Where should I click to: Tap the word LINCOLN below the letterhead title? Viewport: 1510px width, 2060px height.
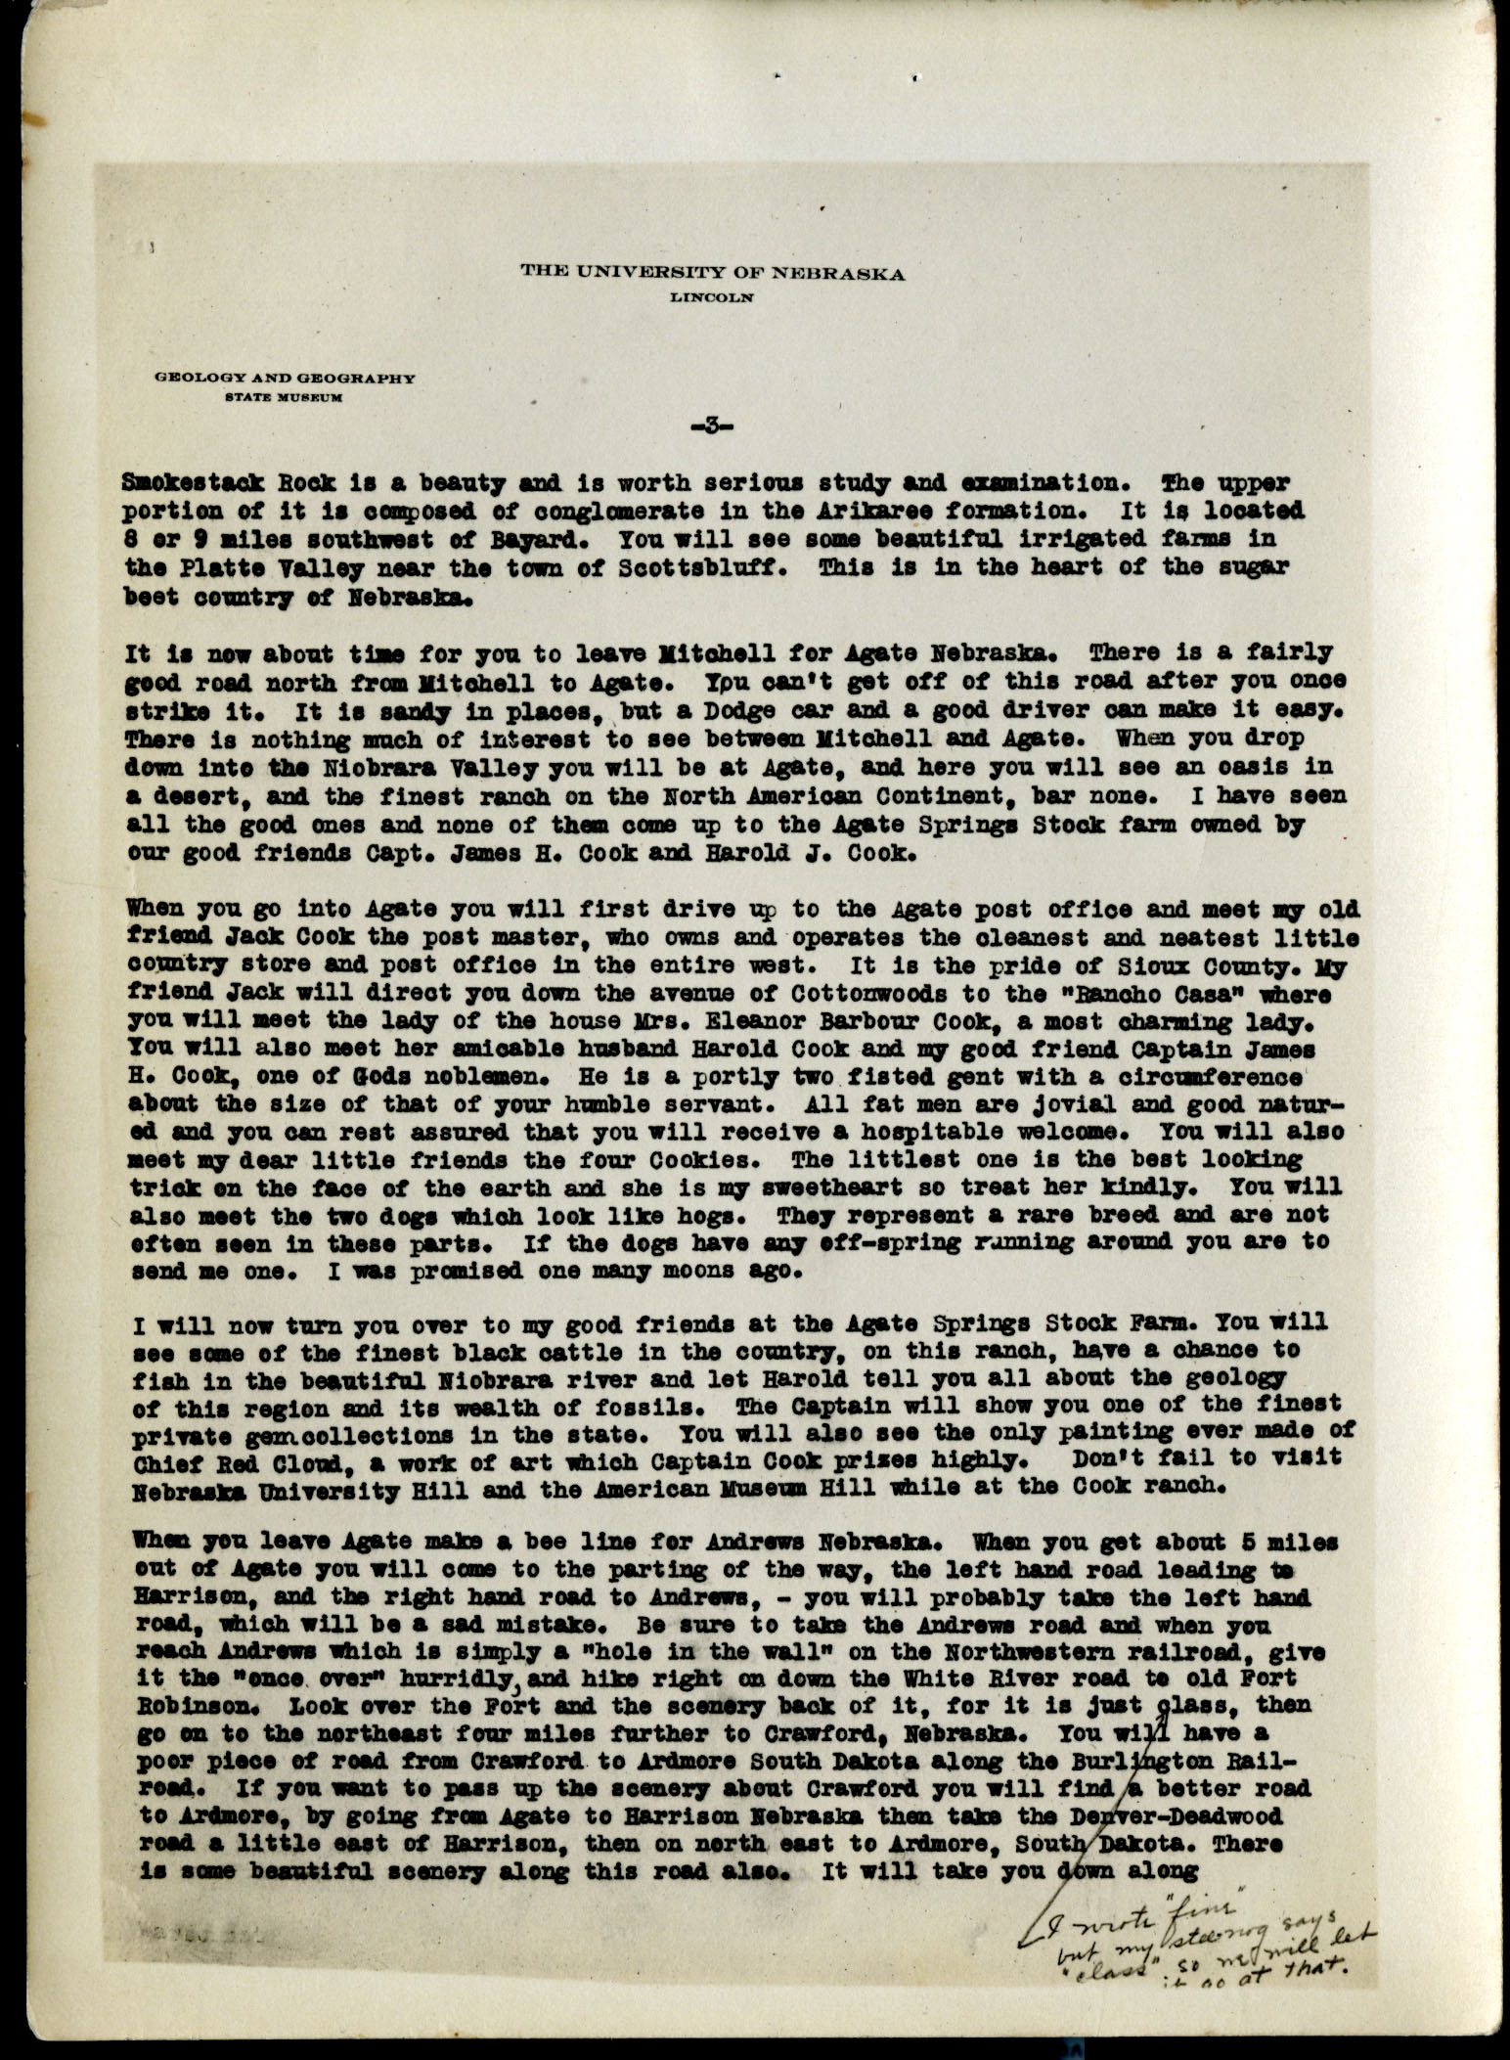[x=711, y=300]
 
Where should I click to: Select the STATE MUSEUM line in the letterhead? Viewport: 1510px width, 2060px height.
[x=284, y=397]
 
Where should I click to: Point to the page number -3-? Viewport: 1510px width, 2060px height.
[x=711, y=425]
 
